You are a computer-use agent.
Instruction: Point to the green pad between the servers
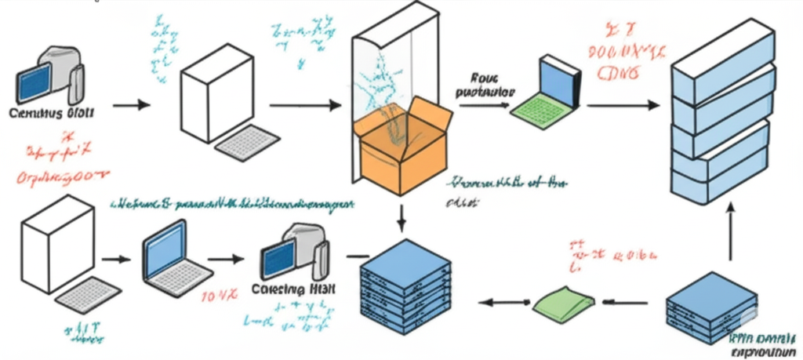click(559, 301)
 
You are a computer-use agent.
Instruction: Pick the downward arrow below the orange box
click(402, 217)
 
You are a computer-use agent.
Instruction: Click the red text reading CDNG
click(619, 75)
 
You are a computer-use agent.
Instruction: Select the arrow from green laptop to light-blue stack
click(624, 104)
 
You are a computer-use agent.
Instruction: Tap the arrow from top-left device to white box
click(131, 104)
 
